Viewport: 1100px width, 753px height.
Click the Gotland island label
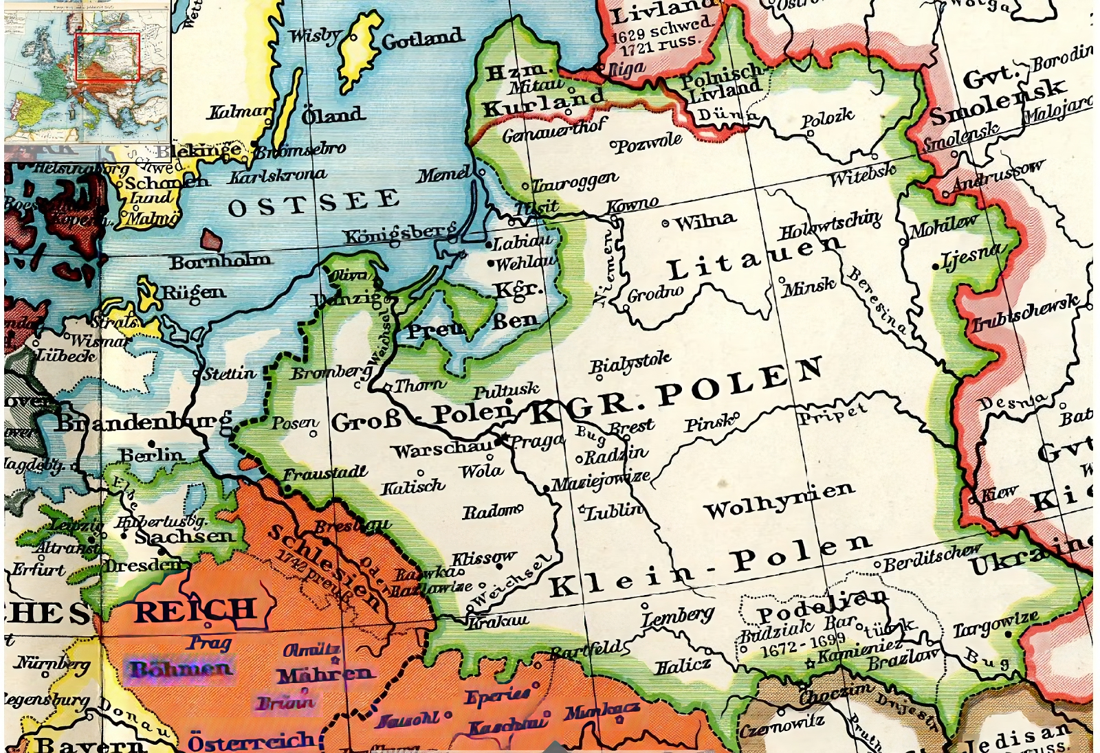click(x=422, y=39)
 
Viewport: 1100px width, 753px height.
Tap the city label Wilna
click(x=705, y=221)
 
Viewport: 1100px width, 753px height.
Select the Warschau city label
click(x=442, y=450)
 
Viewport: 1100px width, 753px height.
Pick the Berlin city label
click(x=151, y=456)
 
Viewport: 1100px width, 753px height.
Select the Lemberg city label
click(x=677, y=616)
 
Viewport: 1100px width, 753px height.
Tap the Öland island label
click(x=331, y=115)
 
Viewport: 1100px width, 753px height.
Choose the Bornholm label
click(x=220, y=262)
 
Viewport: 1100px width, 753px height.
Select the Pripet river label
click(x=831, y=414)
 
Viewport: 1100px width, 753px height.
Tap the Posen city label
click(x=295, y=423)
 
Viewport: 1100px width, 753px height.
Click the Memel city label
click(x=443, y=175)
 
